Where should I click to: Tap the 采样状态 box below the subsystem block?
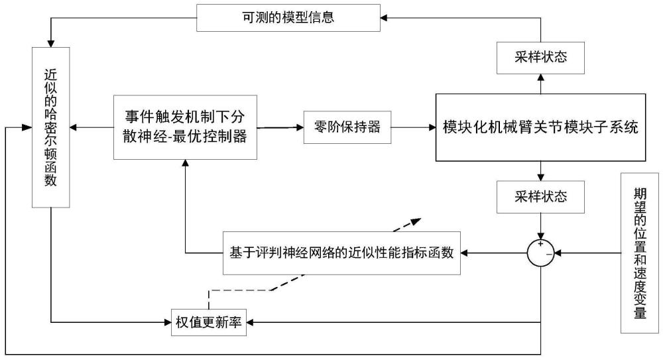pos(540,197)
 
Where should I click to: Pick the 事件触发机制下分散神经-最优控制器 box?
pos(184,127)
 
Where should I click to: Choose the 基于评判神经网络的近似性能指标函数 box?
pos(341,253)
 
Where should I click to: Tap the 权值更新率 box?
pos(207,322)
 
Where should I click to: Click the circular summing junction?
pos(541,253)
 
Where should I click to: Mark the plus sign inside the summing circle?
pos(540,246)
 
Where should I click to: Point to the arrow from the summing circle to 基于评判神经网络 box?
pos(494,253)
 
